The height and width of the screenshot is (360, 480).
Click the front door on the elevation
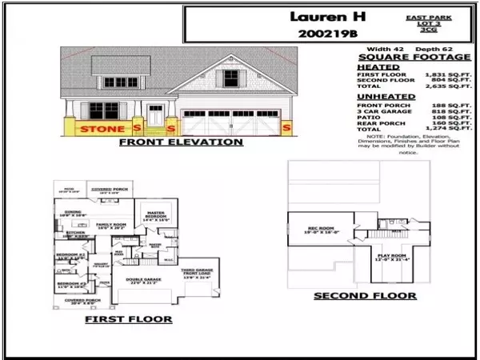point(156,117)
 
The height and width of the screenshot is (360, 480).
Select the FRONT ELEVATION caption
point(180,142)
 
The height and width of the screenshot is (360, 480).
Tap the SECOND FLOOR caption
point(364,295)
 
